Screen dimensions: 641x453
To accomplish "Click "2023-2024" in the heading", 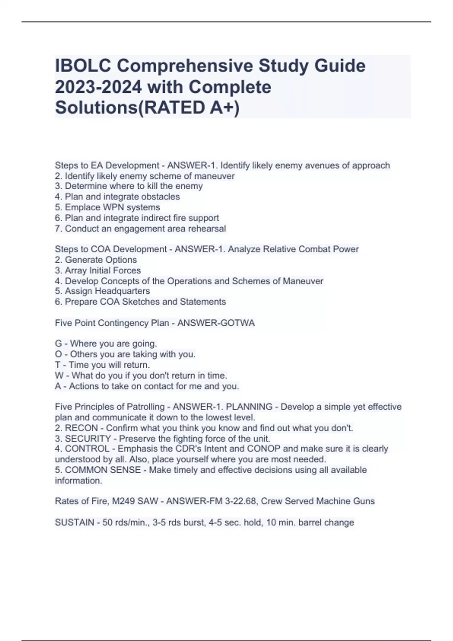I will [x=98, y=87].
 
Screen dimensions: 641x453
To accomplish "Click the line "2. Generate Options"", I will [x=96, y=260].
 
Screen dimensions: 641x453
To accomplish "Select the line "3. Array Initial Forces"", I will [x=98, y=270].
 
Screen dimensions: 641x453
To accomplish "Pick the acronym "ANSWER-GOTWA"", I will [x=216, y=323].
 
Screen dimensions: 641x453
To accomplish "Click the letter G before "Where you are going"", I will [x=58, y=344].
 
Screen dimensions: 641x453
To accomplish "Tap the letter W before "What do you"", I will [x=59, y=376].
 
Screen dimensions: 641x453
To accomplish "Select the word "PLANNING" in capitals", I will [x=249, y=407].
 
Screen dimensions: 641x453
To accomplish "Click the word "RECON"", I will [x=81, y=428].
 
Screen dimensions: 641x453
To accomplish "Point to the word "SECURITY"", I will [x=88, y=439].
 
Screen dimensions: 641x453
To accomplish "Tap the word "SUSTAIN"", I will [x=74, y=523].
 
